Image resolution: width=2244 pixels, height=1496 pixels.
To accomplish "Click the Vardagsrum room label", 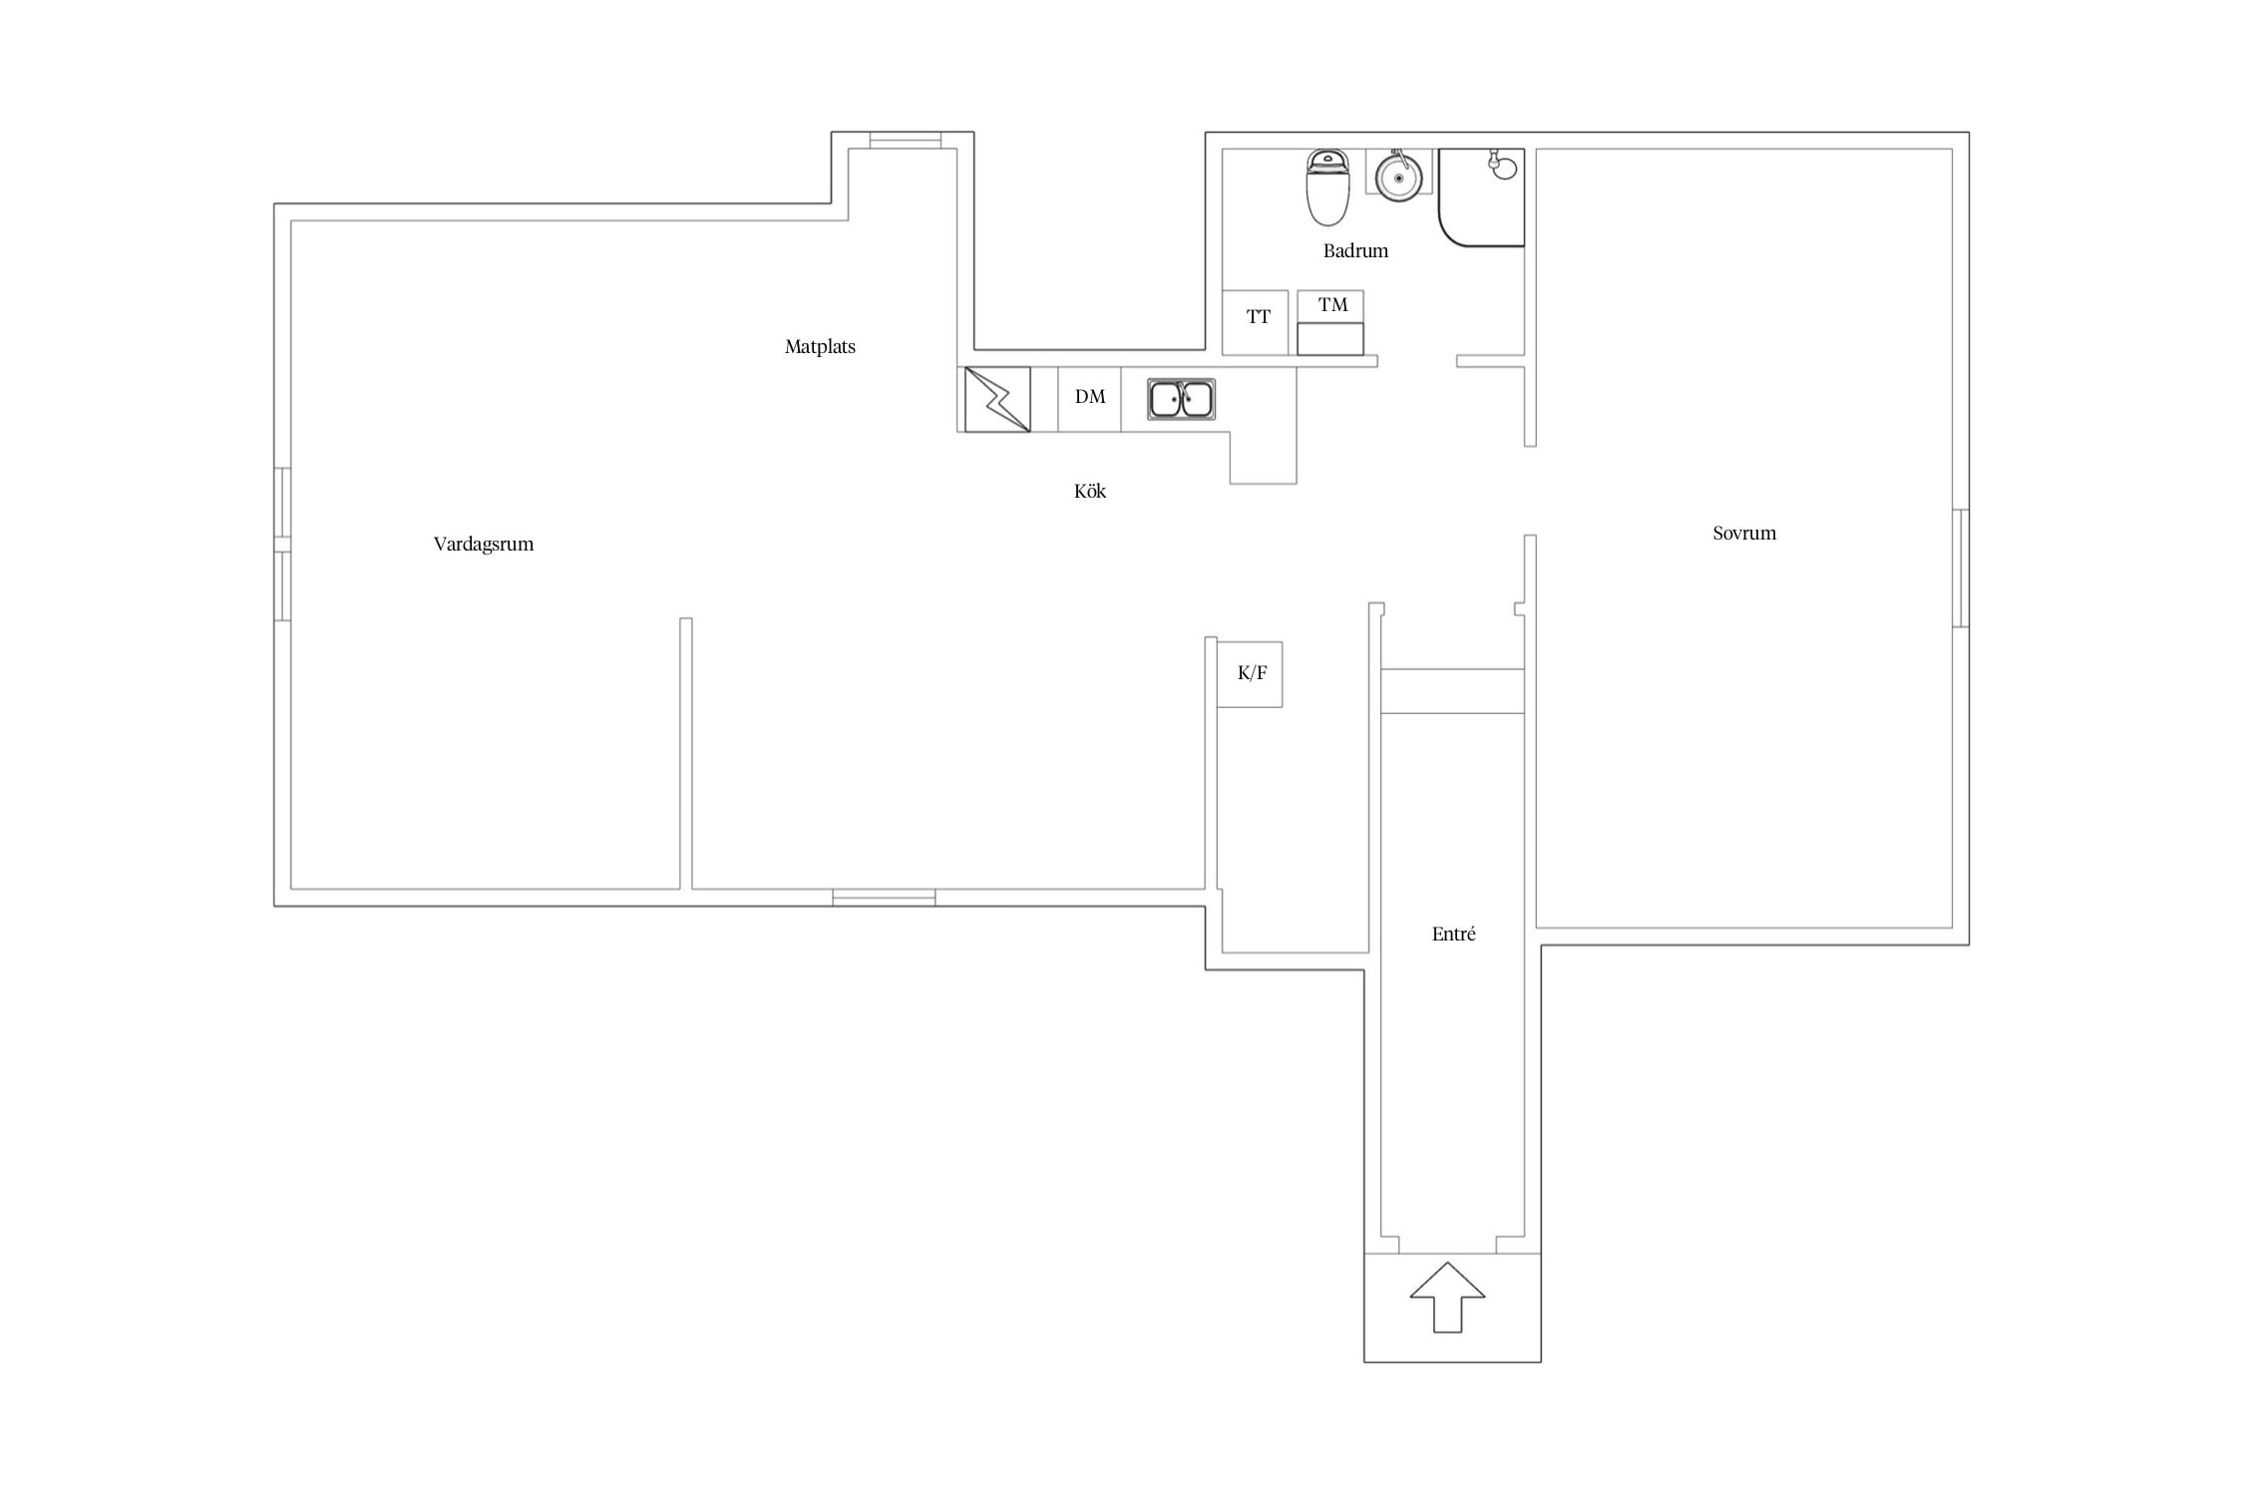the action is tap(484, 545).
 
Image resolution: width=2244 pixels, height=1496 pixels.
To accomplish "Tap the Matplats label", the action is tap(820, 347).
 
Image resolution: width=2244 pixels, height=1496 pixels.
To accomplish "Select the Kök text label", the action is tap(1090, 491).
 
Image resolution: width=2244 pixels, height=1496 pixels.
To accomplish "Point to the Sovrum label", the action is tap(1744, 533).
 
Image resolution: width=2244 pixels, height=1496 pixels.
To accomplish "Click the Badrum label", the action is tap(1355, 250).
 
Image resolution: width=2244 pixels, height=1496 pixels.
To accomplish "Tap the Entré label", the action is tap(1453, 934).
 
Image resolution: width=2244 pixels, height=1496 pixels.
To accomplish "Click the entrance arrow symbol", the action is tap(1447, 1297).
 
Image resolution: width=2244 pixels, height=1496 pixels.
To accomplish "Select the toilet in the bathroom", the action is tap(1327, 187).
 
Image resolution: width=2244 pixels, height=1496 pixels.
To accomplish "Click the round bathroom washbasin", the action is tap(1398, 177).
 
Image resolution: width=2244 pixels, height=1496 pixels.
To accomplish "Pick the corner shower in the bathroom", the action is tap(1481, 197).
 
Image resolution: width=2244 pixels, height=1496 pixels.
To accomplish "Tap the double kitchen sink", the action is tap(1181, 399).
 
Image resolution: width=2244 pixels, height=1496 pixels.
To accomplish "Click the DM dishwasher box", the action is tap(1089, 399).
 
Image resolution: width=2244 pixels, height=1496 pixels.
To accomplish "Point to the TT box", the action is tap(1256, 322).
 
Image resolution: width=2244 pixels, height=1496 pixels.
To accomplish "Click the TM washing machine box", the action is tap(1330, 322).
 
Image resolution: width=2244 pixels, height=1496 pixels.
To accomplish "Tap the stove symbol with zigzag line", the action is tap(997, 399).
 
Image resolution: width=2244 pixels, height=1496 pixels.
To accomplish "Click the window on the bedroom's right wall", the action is tap(1961, 568).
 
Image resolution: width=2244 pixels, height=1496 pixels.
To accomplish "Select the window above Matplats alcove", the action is tap(906, 141).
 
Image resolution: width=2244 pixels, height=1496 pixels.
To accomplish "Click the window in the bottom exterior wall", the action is tap(884, 898).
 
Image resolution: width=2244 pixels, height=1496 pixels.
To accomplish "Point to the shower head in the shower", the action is tap(1502, 166).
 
